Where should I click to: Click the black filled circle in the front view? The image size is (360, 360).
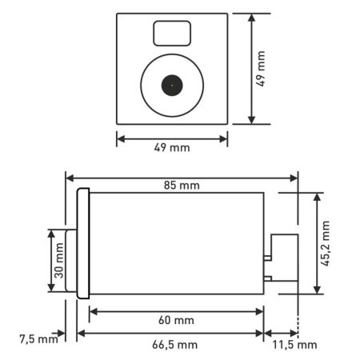[x=172, y=86]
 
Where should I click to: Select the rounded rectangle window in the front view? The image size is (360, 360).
[x=172, y=34]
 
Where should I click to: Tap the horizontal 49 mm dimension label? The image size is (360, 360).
[x=172, y=147]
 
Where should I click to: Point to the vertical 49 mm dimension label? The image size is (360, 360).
[x=261, y=69]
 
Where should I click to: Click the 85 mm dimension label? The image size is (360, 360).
[x=182, y=186]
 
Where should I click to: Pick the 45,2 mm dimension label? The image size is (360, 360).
[x=326, y=243]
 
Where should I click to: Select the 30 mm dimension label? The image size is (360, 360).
[x=59, y=261]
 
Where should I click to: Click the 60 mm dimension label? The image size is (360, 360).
[x=176, y=320]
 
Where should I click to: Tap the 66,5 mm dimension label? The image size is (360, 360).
[x=175, y=345]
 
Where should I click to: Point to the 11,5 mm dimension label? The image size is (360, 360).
[x=294, y=345]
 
